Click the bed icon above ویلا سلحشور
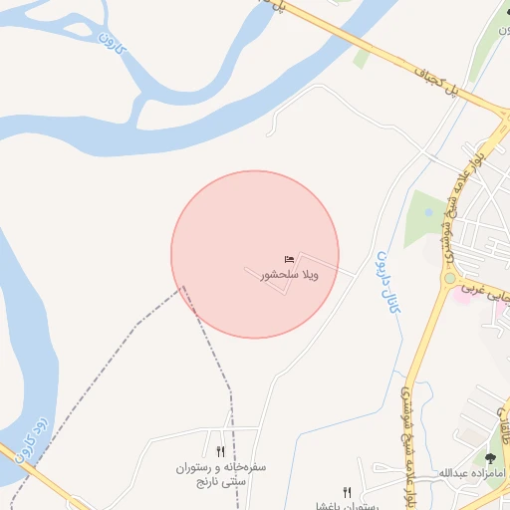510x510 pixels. pos(290,260)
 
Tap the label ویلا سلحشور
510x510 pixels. pos(290,274)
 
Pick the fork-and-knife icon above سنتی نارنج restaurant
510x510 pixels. pos(220,451)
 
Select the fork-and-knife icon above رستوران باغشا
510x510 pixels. pos(347,491)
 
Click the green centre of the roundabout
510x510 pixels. pos(449,278)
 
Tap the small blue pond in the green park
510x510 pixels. pos(428,212)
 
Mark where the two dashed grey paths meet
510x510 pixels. pos(183,289)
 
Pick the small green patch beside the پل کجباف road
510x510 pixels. pos(361,58)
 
